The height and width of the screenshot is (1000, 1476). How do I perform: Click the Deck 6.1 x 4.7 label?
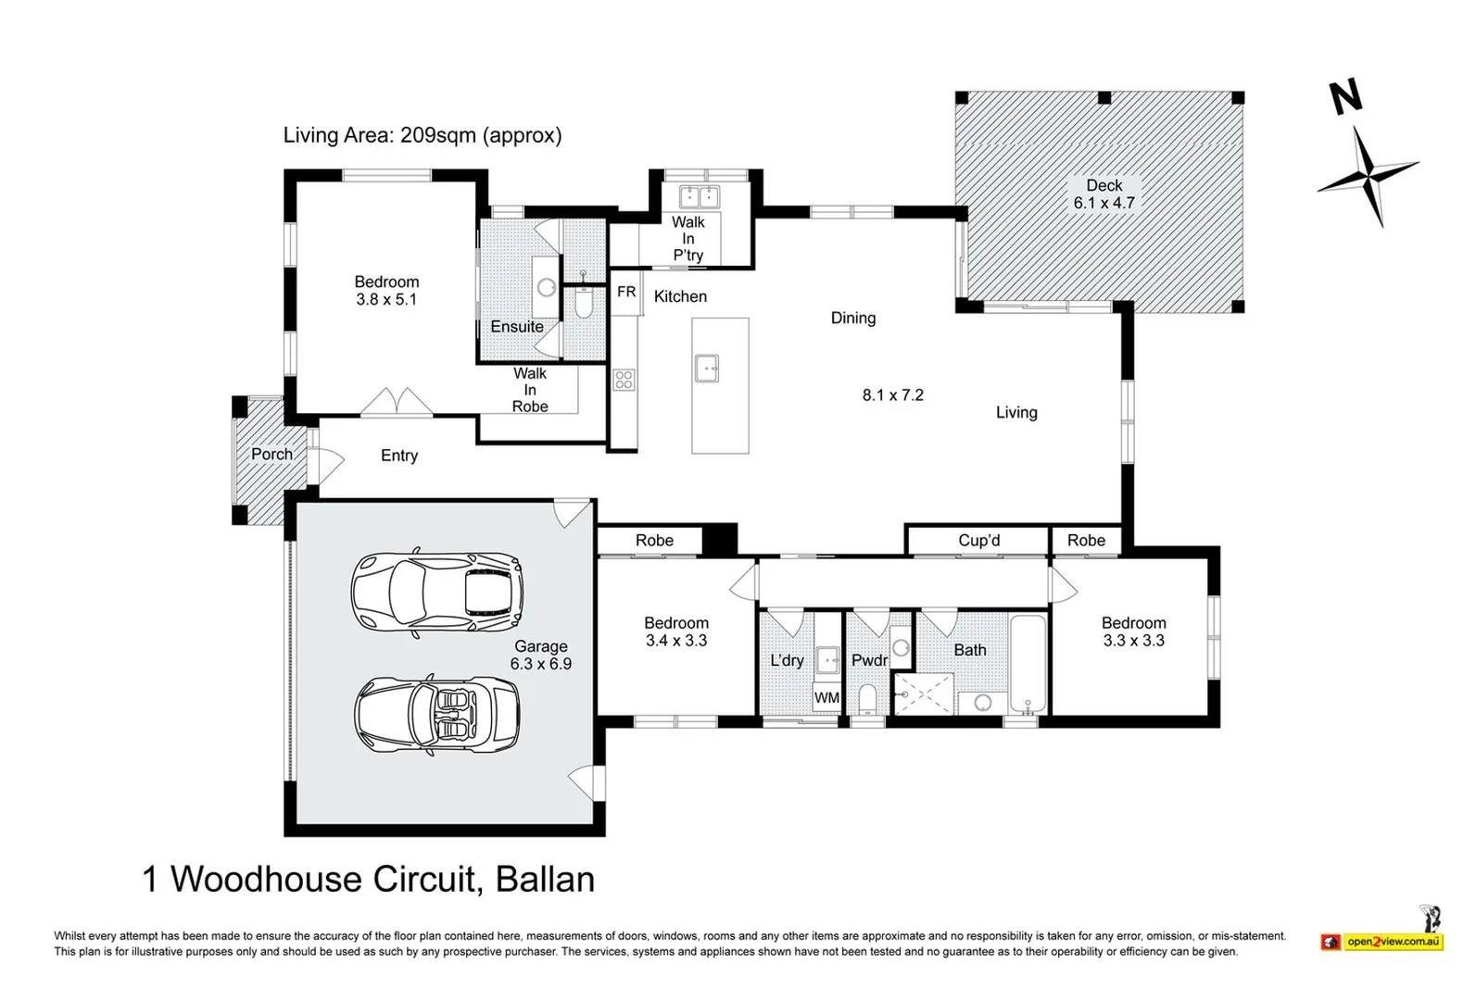pyautogui.click(x=1104, y=194)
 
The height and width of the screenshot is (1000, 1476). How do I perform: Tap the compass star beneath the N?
pyautogui.click(x=1369, y=177)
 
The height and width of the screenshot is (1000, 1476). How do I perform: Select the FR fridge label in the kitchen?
pyautogui.click(x=626, y=292)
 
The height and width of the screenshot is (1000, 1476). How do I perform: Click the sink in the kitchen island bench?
pyautogui.click(x=706, y=368)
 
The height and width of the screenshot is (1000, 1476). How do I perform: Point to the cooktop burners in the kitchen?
pyautogui.click(x=624, y=380)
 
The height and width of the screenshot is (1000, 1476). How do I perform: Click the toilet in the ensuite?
pyautogui.click(x=584, y=302)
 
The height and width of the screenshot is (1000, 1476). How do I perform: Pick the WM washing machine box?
pyautogui.click(x=827, y=698)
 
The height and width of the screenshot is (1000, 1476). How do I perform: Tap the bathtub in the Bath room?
pyautogui.click(x=1028, y=664)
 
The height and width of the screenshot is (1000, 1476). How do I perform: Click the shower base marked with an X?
pyautogui.click(x=924, y=694)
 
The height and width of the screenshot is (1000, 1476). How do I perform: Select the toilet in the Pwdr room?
pyautogui.click(x=867, y=700)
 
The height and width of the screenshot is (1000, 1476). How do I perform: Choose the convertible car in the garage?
pyautogui.click(x=437, y=714)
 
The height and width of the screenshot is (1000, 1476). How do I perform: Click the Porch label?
pyautogui.click(x=271, y=455)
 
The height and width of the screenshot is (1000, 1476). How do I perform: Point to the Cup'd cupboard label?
pyautogui.click(x=979, y=541)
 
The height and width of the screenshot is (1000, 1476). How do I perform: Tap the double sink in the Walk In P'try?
pyautogui.click(x=700, y=197)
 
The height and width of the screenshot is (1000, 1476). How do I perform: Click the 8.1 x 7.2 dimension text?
pyautogui.click(x=893, y=395)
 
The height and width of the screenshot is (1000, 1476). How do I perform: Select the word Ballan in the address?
pyautogui.click(x=545, y=880)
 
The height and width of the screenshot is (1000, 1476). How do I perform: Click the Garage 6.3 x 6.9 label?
pyautogui.click(x=541, y=655)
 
